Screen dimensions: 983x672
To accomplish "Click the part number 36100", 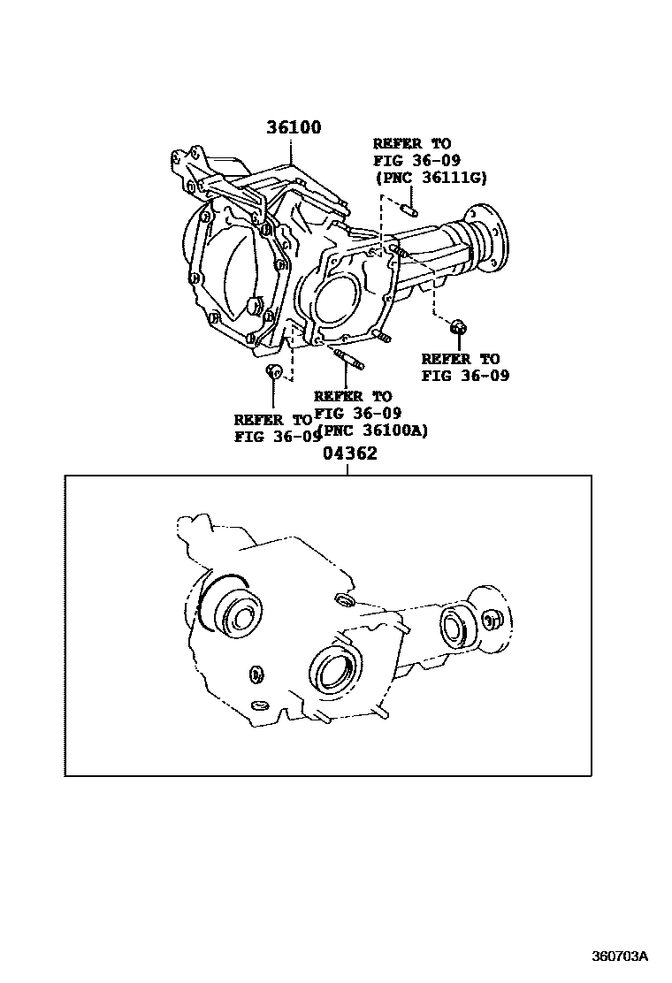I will [x=294, y=128].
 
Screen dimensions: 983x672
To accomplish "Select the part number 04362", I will [x=349, y=453].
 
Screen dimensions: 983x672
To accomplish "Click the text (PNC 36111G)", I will [x=431, y=178].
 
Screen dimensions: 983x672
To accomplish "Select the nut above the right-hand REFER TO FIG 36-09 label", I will [x=459, y=328].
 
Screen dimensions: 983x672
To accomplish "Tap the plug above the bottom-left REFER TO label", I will [x=274, y=370].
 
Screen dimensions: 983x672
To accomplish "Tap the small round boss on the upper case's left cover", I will [x=256, y=309].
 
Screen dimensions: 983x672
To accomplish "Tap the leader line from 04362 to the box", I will [x=348, y=469].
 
